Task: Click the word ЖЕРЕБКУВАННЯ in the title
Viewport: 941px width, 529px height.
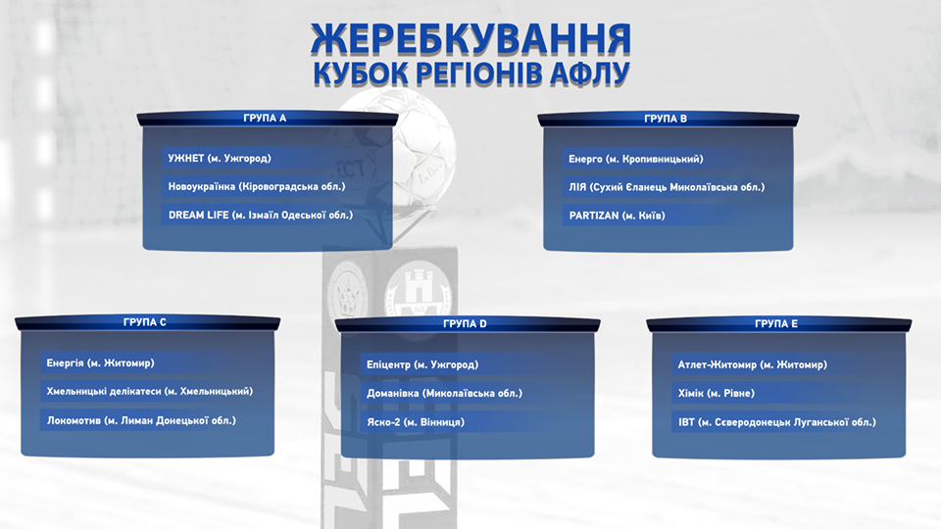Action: coord(471,39)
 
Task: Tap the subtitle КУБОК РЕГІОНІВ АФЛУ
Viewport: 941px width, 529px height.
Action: coord(471,73)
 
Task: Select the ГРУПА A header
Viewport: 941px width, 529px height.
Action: coord(265,119)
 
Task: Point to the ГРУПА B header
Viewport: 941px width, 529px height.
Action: coord(666,119)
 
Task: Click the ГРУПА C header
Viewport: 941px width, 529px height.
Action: coord(145,322)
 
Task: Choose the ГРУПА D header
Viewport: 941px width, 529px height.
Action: coord(465,324)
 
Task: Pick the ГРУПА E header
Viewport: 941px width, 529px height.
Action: coord(776,324)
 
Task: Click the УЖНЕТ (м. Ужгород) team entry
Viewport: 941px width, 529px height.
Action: coord(220,159)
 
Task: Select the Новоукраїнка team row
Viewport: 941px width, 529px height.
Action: coord(257,186)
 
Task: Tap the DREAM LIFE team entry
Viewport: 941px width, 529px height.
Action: coord(261,215)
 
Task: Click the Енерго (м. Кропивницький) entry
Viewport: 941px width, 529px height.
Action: coord(636,159)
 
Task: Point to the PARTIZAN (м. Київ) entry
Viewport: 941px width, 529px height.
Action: coord(617,216)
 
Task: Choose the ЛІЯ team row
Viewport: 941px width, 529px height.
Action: coord(667,187)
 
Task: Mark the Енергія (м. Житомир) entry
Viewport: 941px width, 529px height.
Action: coord(100,362)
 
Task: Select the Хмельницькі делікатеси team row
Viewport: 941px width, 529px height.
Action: coord(150,391)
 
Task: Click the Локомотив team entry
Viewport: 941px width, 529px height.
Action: coord(141,420)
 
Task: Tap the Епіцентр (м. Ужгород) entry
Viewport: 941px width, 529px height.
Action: coord(422,364)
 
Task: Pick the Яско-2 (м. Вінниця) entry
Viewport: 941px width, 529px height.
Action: coord(416,422)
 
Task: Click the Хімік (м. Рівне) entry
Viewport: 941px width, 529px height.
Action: coord(717,394)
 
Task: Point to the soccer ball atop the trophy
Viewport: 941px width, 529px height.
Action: coord(396,147)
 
